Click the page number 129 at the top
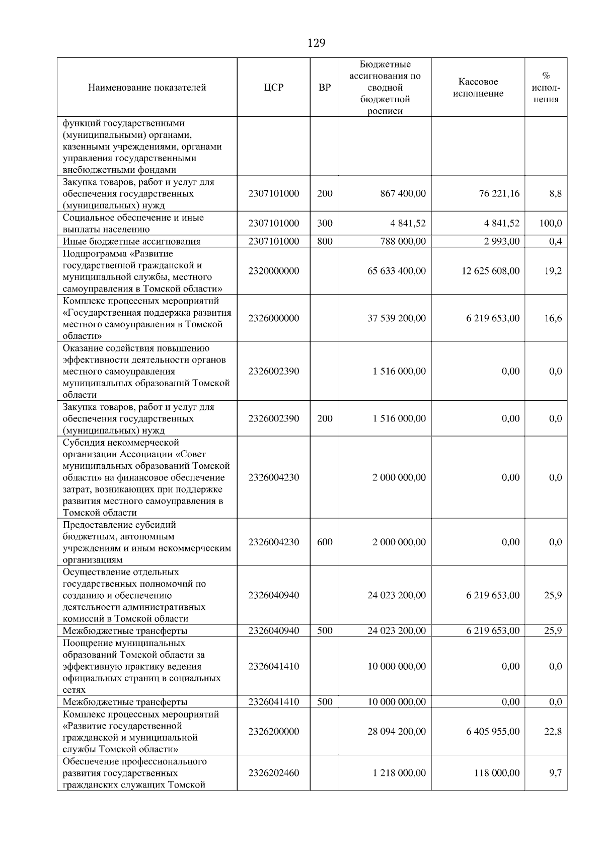pyautogui.click(x=316, y=43)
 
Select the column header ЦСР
pyautogui.click(x=273, y=88)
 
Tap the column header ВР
pyautogui.click(x=325, y=88)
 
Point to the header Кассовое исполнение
pyautogui.click(x=478, y=88)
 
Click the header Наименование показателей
pyautogui.click(x=147, y=88)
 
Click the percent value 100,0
pyautogui.click(x=551, y=223)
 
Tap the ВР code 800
pyautogui.click(x=325, y=241)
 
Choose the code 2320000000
pyautogui.click(x=273, y=271)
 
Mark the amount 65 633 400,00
pyautogui.click(x=397, y=271)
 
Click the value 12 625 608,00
pyautogui.click(x=490, y=271)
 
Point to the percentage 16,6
pyautogui.click(x=553, y=318)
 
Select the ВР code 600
pyautogui.click(x=325, y=542)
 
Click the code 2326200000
pyautogui.click(x=273, y=731)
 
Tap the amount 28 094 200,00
pyautogui.click(x=397, y=731)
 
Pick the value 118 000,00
pyautogui.click(x=497, y=772)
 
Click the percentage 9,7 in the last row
pyautogui.click(x=556, y=772)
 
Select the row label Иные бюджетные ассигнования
pyautogui.click(x=131, y=241)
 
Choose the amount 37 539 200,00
pyautogui.click(x=397, y=318)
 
